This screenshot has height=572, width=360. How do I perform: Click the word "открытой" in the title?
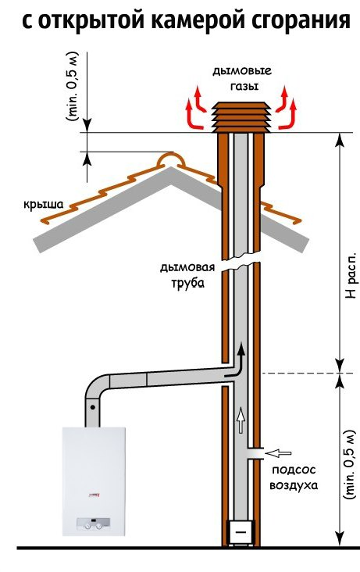pyautogui.click(x=92, y=20)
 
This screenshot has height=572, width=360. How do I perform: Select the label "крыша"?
pyautogui.click(x=44, y=204)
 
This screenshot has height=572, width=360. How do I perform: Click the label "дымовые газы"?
pyautogui.click(x=242, y=78)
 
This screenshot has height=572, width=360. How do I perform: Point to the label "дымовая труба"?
pyautogui.click(x=187, y=275)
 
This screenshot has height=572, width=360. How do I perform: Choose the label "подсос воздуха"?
pyautogui.click(x=294, y=477)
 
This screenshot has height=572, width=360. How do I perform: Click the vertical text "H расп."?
pyautogui.click(x=351, y=275)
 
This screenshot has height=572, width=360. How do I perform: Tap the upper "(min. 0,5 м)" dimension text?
pyautogui.click(x=73, y=87)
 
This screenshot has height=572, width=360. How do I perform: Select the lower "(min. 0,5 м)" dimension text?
pyautogui.click(x=349, y=465)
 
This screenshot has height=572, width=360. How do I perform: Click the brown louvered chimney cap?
pyautogui.click(x=242, y=116)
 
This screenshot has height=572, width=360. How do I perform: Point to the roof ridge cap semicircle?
pyautogui.click(x=170, y=159)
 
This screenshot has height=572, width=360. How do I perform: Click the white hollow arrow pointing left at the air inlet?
pyautogui.click(x=278, y=453)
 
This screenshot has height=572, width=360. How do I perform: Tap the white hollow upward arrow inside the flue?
pyautogui.click(x=241, y=420)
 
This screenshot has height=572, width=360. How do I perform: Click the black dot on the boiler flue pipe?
pyautogui.click(x=93, y=406)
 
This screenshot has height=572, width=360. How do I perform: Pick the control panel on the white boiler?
pyautogui.click(x=94, y=524)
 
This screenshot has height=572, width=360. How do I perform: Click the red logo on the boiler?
pyautogui.click(x=94, y=495)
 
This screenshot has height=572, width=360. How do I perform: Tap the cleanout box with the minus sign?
pyautogui.click(x=241, y=533)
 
